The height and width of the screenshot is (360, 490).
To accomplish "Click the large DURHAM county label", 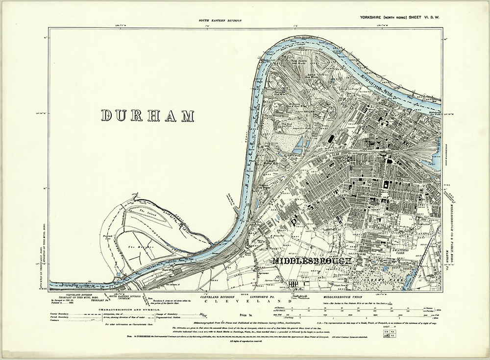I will coord(147,116).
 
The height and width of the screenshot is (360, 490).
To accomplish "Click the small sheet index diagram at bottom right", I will coord(388,334).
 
